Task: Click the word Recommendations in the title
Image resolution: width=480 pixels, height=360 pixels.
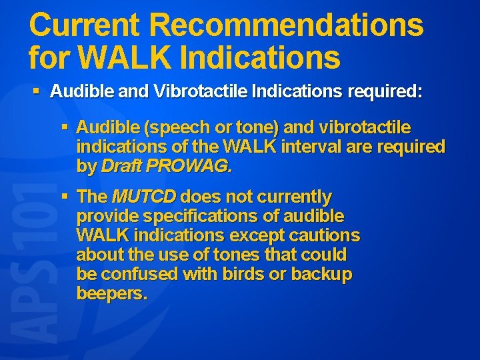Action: (x=286, y=26)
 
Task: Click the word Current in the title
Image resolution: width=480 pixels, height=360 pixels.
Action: (x=85, y=26)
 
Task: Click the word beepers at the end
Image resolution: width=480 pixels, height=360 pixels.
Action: (x=111, y=294)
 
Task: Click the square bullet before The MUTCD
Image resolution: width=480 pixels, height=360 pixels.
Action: (x=65, y=197)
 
